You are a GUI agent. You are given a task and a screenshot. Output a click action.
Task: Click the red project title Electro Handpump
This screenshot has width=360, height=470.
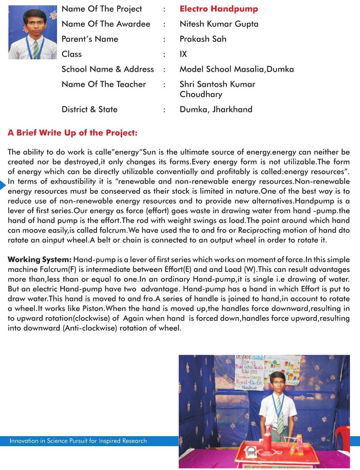[219, 9]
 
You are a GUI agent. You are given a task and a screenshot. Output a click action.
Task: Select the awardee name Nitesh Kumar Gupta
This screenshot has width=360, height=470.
[219, 24]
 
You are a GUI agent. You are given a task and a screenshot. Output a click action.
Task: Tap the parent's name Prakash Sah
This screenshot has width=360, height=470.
[203, 39]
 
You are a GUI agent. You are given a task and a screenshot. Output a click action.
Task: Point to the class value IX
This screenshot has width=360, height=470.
[183, 54]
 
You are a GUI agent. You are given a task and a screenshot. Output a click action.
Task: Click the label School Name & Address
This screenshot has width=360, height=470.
[108, 69]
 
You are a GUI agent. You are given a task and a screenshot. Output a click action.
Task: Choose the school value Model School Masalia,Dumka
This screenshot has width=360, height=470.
[237, 69]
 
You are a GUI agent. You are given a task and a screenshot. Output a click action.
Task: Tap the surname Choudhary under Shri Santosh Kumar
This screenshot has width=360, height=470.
[201, 95]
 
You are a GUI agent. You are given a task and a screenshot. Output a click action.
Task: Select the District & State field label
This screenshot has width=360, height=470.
[90, 110]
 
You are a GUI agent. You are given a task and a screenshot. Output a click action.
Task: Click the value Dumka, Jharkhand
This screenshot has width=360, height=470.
[216, 110]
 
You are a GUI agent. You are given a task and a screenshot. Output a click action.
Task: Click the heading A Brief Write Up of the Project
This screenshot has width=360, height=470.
[72, 133]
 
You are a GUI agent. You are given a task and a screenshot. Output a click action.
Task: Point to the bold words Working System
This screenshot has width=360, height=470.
[40, 260]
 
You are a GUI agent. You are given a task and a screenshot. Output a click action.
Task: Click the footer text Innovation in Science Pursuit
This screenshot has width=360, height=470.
[78, 441]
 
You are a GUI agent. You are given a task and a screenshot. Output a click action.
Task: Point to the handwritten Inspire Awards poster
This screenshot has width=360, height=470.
[250, 372]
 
